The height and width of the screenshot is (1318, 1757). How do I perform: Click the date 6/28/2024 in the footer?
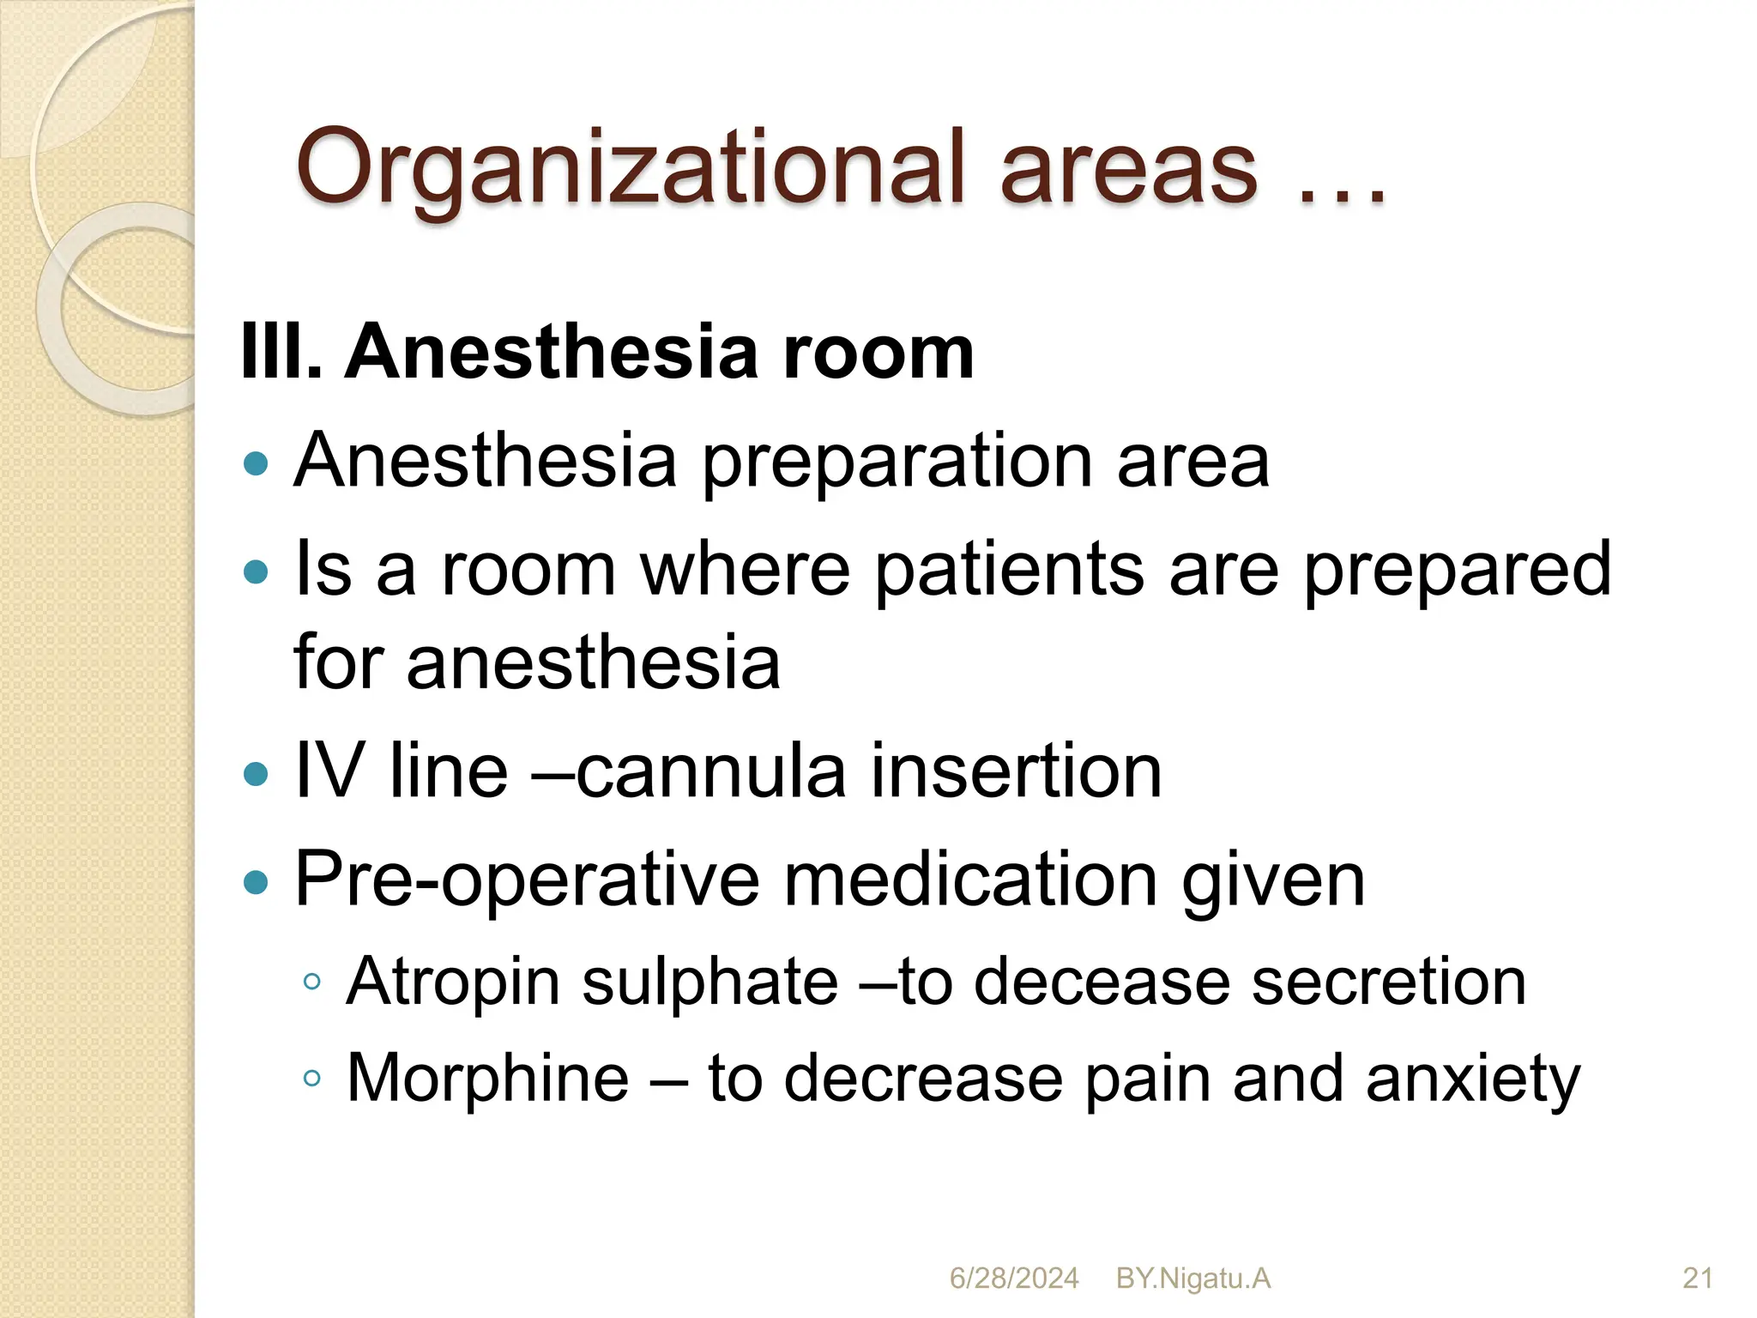(1013, 1279)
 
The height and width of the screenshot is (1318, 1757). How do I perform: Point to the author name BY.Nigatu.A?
(1192, 1279)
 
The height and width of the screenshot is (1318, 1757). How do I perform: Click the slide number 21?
(1698, 1279)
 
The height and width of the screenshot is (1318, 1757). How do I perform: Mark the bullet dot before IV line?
(256, 775)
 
